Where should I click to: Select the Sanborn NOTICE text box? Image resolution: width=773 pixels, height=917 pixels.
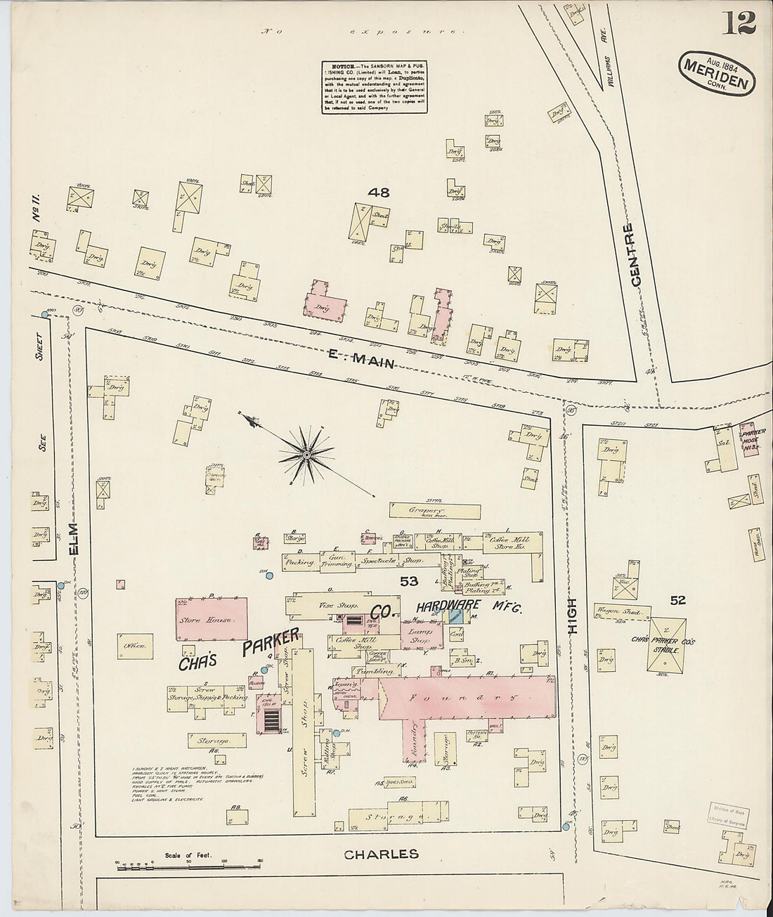pos(375,86)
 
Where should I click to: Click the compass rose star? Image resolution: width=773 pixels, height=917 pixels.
pos(306,455)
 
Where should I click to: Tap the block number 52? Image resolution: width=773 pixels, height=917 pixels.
pos(677,600)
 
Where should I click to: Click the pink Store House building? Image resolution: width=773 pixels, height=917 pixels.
pos(211,620)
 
